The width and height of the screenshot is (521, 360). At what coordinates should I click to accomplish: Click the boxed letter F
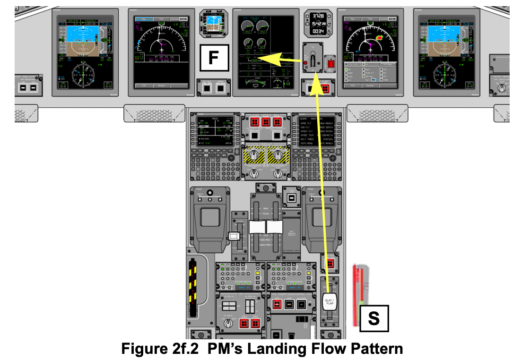click(x=213, y=58)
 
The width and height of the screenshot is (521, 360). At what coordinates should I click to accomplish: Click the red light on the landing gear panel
click(x=306, y=63)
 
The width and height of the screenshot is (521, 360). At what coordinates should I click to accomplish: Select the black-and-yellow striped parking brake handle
click(x=192, y=283)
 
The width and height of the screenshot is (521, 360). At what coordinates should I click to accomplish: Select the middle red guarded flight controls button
click(x=266, y=122)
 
